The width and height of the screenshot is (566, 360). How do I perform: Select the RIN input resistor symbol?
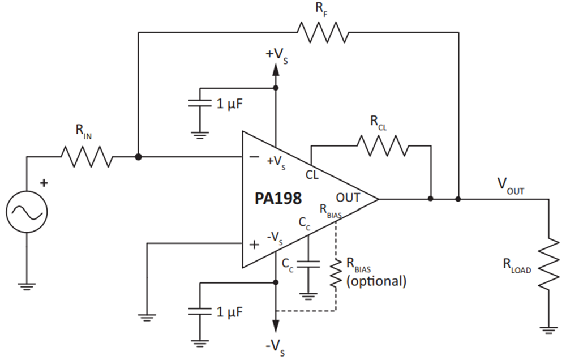pyautogui.click(x=87, y=157)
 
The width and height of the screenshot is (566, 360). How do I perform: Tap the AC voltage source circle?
pyautogui.click(x=27, y=213)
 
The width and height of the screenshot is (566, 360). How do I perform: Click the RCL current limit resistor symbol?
pyautogui.click(x=383, y=145)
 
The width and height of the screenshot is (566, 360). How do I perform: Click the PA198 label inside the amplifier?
pyautogui.click(x=278, y=199)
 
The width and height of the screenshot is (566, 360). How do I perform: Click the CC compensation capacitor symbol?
pyautogui.click(x=308, y=264)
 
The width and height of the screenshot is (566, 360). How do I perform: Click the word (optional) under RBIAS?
pyautogui.click(x=376, y=281)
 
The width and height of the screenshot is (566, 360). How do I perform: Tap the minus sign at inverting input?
pyautogui.click(x=255, y=156)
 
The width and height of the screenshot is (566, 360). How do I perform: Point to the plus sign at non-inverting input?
pyautogui.click(x=255, y=245)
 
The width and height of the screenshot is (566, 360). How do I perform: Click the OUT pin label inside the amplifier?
pyautogui.click(x=348, y=198)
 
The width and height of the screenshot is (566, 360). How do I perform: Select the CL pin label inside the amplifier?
pyautogui.click(x=312, y=175)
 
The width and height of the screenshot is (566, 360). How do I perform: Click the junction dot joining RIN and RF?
pyautogui.click(x=138, y=157)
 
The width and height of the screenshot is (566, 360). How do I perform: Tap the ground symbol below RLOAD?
pyautogui.click(x=548, y=330)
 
